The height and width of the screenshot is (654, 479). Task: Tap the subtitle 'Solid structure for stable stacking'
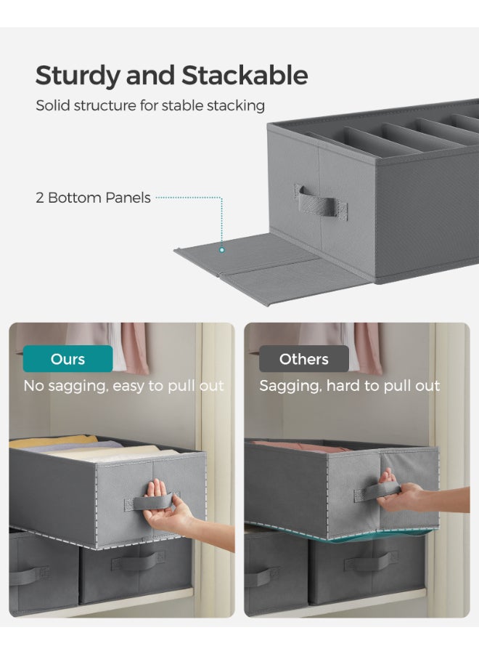150,106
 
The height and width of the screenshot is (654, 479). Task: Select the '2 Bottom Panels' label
94,198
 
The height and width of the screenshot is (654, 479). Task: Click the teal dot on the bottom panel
222,249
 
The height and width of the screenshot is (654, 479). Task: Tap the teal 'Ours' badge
67,359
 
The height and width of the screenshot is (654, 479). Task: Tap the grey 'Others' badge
303,359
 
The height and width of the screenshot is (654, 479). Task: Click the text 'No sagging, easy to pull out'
123,386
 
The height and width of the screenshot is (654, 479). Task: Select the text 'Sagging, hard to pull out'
349,386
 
